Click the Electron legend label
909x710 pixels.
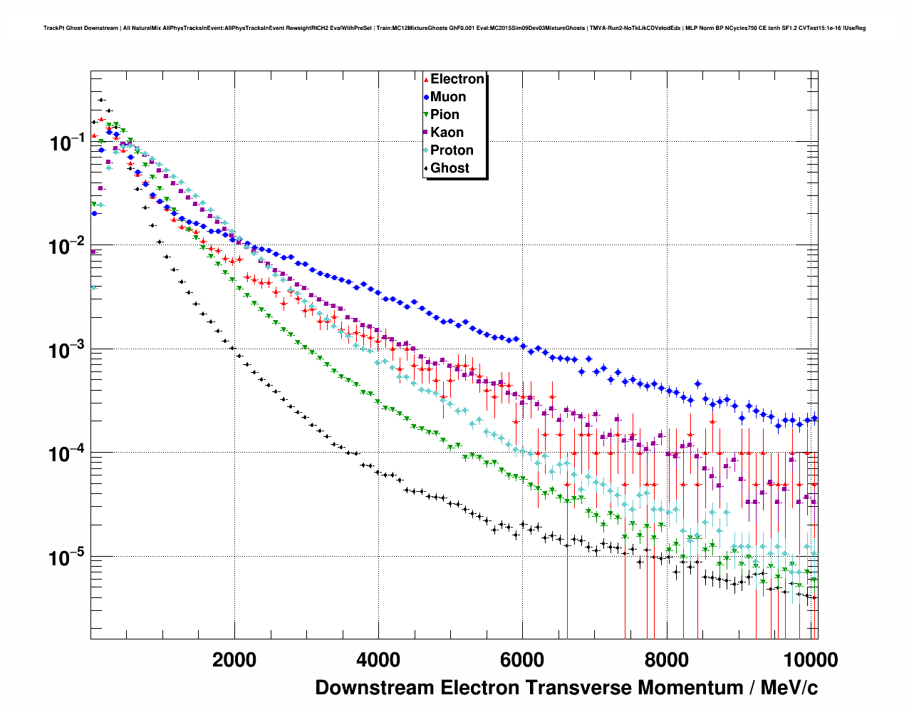click(x=457, y=79)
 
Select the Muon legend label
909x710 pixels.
click(x=448, y=97)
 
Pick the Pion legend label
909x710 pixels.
click(x=445, y=115)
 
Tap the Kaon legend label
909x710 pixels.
click(x=447, y=133)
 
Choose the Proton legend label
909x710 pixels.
click(x=452, y=150)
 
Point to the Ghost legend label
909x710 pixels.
click(x=450, y=168)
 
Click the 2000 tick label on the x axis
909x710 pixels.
click(x=234, y=660)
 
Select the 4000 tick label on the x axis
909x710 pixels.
click(x=378, y=660)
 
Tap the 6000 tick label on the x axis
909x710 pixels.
click(x=522, y=660)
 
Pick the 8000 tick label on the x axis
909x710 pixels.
click(x=666, y=660)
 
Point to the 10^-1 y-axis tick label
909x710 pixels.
click(x=67, y=143)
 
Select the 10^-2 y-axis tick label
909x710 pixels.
click(x=67, y=247)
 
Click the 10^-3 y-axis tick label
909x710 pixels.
click(x=67, y=350)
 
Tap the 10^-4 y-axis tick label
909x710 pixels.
click(x=67, y=454)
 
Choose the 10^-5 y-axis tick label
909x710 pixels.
click(x=67, y=557)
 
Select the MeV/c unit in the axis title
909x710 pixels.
click(x=789, y=688)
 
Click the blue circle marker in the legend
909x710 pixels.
click(x=426, y=97)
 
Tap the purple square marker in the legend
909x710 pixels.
click(x=426, y=133)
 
